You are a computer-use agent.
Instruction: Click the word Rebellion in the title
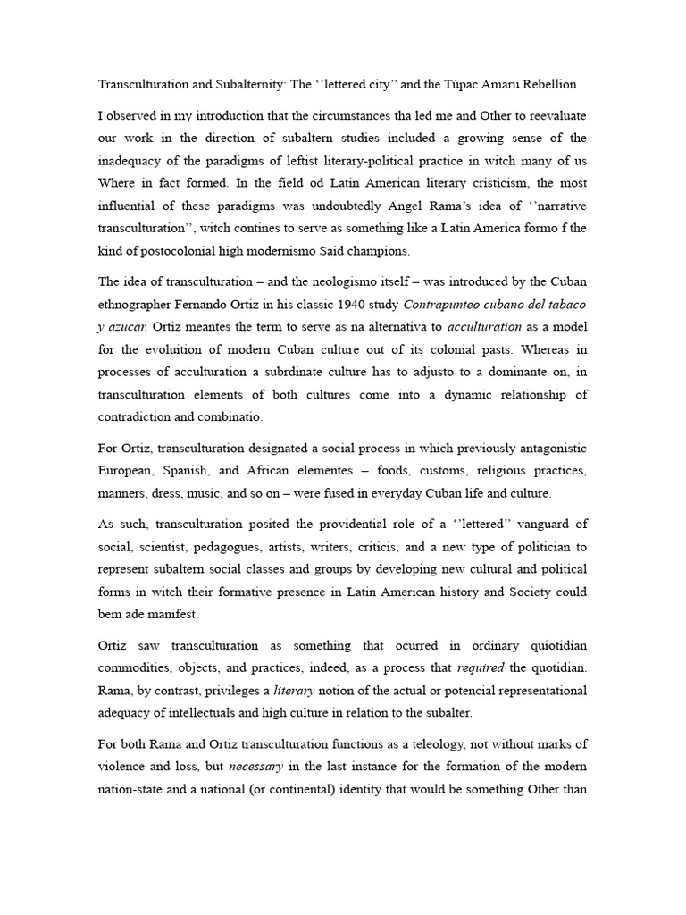pos(545,84)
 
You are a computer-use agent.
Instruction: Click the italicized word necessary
pos(258,767)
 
